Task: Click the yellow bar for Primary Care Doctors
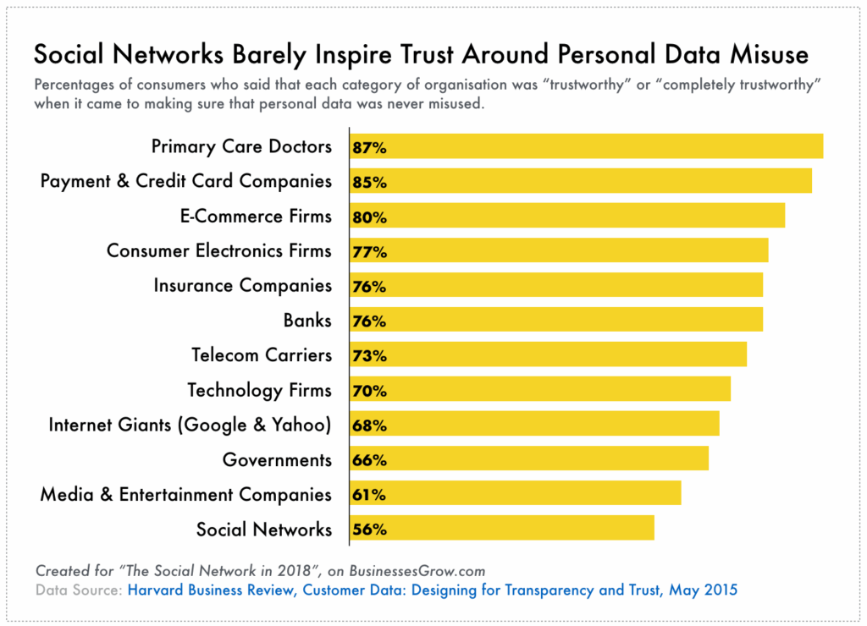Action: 586,146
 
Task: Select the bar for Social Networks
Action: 501,528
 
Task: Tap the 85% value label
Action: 370,182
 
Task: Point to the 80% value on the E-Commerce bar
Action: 370,217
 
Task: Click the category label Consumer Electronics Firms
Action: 219,251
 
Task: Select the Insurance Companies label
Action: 242,286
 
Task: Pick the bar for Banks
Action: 556,320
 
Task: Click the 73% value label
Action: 370,355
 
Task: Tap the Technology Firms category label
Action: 259,390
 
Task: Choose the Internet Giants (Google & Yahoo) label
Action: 190,425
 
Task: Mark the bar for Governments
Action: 528,459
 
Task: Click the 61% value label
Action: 370,494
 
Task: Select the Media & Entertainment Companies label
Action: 185,494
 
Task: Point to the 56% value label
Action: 370,530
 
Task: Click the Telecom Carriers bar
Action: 548,354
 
